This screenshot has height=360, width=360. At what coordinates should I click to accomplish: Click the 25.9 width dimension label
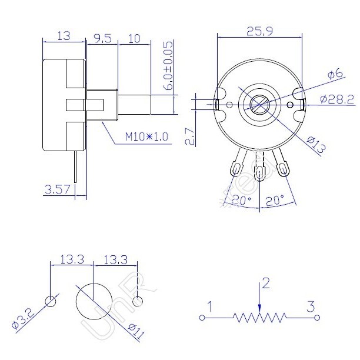click(x=259, y=31)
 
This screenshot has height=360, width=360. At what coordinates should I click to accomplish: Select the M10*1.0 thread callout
click(x=146, y=136)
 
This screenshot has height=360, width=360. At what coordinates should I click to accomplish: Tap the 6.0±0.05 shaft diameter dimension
click(x=169, y=66)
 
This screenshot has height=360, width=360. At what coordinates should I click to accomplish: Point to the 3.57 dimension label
click(x=57, y=190)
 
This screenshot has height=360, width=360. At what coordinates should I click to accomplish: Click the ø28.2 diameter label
click(x=337, y=99)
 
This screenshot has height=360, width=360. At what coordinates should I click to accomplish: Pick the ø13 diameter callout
click(x=316, y=145)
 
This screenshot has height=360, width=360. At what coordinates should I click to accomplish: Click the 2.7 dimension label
click(x=191, y=136)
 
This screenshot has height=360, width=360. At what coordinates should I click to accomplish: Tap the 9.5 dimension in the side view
click(x=102, y=39)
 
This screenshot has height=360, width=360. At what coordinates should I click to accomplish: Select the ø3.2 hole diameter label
click(x=23, y=320)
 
